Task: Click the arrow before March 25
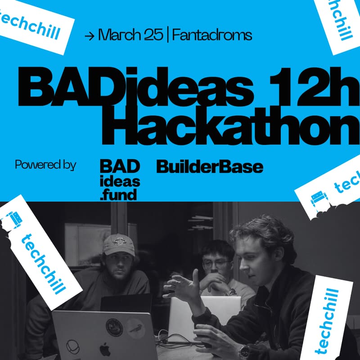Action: tap(90, 36)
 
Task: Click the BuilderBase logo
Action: tap(209, 167)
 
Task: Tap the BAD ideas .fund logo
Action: tap(120, 180)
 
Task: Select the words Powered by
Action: tap(45, 165)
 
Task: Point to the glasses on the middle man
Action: tap(216, 264)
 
